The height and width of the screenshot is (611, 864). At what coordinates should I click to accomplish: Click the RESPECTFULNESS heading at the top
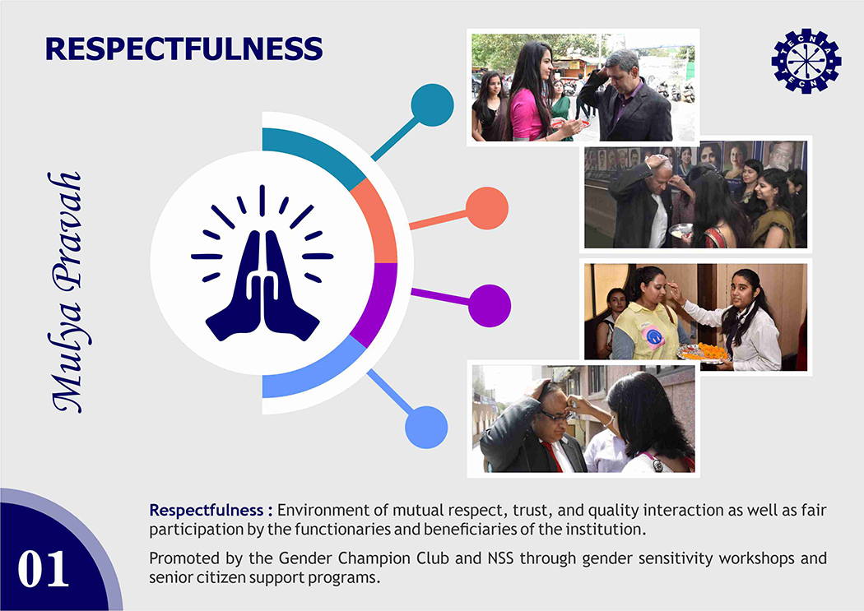pyautogui.click(x=184, y=49)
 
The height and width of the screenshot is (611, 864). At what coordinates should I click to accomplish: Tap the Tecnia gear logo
pyautogui.click(x=806, y=61)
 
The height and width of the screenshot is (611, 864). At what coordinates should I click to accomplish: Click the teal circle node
pyautogui.click(x=432, y=105)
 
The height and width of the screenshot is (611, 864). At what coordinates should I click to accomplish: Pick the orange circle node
pyautogui.click(x=487, y=209)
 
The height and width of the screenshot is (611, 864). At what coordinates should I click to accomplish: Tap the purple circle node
pyautogui.click(x=490, y=306)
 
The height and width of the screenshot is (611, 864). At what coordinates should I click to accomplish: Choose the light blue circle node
pyautogui.click(x=426, y=427)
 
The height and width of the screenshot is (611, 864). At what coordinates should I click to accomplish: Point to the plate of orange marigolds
pyautogui.click(x=704, y=352)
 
